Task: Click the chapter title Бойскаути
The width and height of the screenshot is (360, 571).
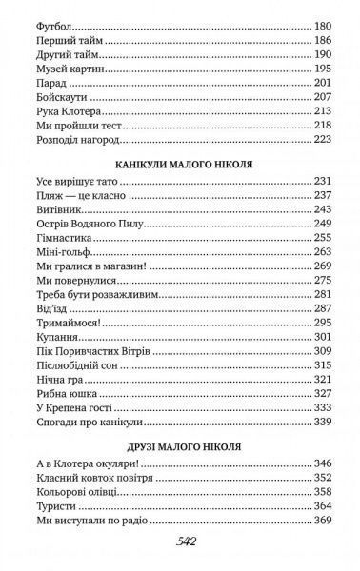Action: point(46,98)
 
